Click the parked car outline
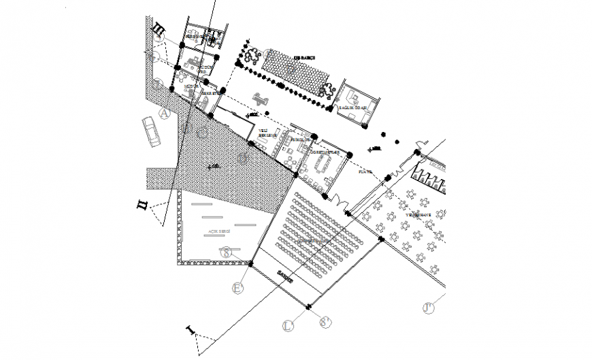[x=152, y=131]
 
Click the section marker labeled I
[x=190, y=331]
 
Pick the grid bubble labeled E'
[x=237, y=289]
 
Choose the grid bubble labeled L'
[x=288, y=326]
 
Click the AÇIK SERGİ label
[x=219, y=232]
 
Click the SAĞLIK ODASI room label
[x=354, y=108]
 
